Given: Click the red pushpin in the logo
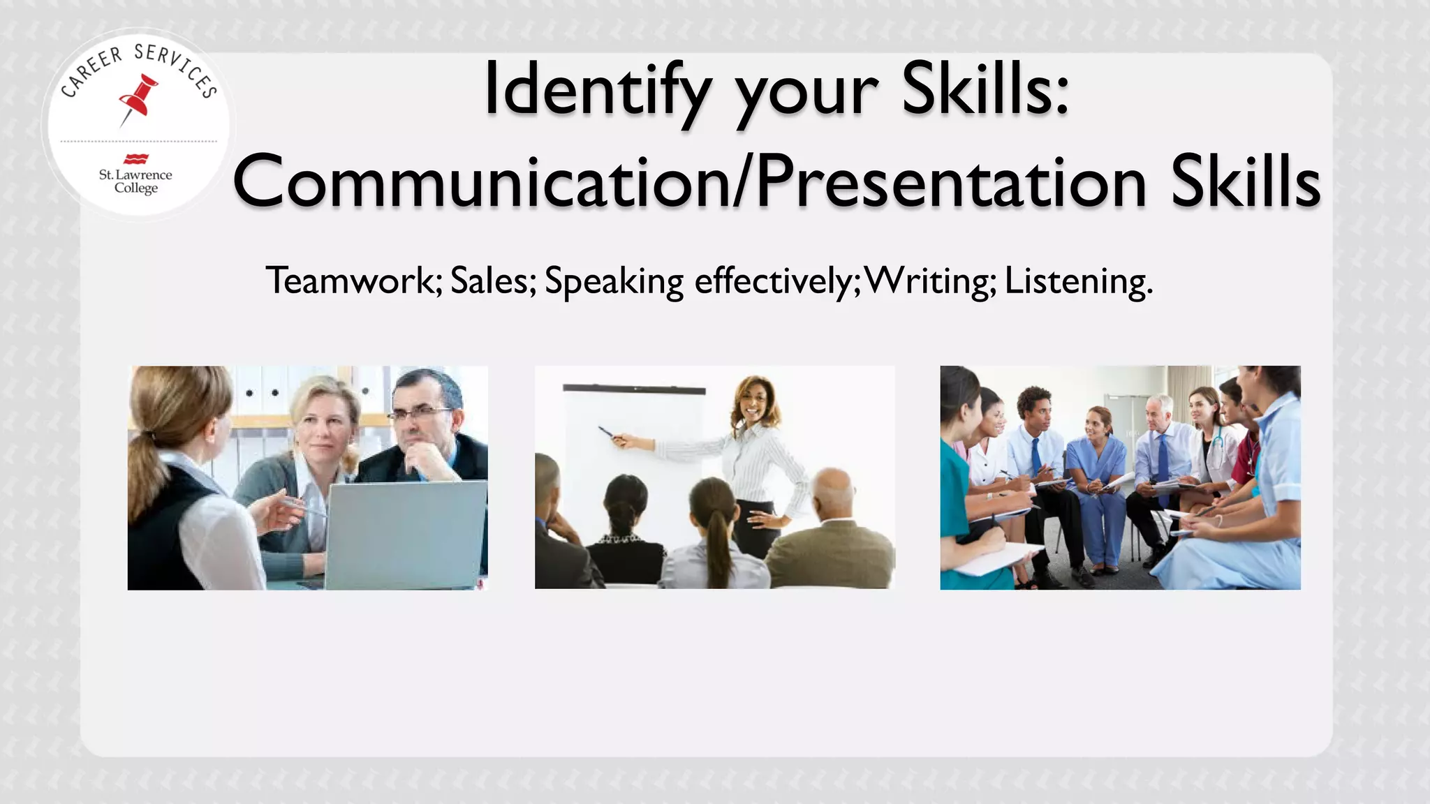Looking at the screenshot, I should tap(138, 98).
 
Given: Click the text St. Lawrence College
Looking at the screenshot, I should tap(135, 181).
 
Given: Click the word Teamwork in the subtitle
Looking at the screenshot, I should tap(353, 281).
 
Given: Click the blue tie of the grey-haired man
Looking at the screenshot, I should tap(1163, 461).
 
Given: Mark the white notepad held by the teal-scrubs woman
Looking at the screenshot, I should tap(998, 558).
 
